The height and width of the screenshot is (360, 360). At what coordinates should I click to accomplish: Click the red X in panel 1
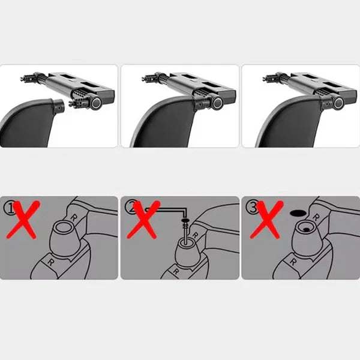pyautogui.click(x=22, y=220)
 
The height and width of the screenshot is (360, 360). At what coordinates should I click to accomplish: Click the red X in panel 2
pyautogui.click(x=143, y=220)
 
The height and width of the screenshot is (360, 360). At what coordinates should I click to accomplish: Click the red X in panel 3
pyautogui.click(x=266, y=220)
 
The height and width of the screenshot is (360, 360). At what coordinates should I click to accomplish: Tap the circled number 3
pyautogui.click(x=251, y=208)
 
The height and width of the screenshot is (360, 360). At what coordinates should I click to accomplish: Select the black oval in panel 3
pyautogui.click(x=298, y=213)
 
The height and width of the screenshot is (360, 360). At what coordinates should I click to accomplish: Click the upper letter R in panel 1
pyautogui.click(x=74, y=218)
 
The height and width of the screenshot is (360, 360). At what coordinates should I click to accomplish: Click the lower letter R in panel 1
pyautogui.click(x=50, y=262)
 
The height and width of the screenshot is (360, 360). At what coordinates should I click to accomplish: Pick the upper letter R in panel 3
pyautogui.click(x=316, y=217)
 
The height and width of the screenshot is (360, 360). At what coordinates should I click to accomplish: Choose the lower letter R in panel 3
pyautogui.click(x=293, y=262)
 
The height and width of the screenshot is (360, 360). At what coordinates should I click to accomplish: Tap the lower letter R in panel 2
pyautogui.click(x=176, y=271)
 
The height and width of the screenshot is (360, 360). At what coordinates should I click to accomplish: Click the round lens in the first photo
pyautogui.click(x=96, y=103)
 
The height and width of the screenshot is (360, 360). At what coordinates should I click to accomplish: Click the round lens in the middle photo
pyautogui.click(x=217, y=103)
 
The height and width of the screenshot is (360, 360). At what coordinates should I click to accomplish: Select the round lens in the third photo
pyautogui.click(x=338, y=103)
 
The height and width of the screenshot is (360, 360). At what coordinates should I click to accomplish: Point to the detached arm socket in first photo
pyautogui.click(x=58, y=106)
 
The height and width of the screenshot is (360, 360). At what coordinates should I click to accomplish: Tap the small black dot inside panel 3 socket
pyautogui.click(x=306, y=230)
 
